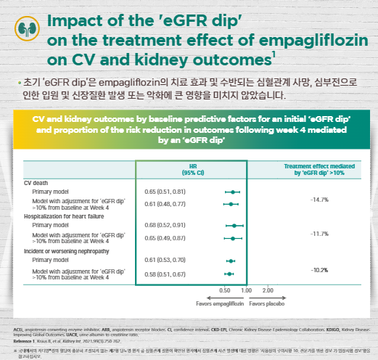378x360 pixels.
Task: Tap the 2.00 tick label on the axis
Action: click(x=268, y=290)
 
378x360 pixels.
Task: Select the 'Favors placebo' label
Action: click(x=265, y=303)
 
